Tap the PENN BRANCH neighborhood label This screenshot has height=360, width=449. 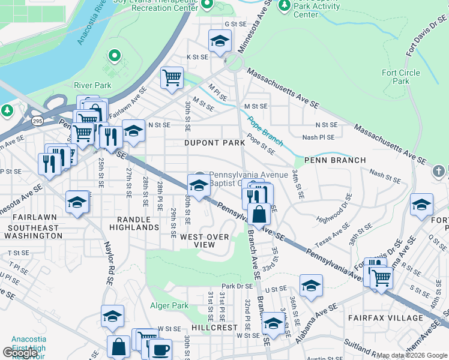click(335, 160)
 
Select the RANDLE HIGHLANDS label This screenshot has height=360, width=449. click(134, 223)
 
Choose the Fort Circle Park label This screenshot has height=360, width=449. click(401, 77)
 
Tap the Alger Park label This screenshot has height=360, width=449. click(169, 305)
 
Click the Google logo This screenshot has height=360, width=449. click(19, 352)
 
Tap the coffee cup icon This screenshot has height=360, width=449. click(160, 350)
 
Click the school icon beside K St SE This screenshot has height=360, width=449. click(220, 41)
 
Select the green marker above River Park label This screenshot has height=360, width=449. click(114, 57)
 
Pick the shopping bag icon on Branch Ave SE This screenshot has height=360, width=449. click(259, 214)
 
